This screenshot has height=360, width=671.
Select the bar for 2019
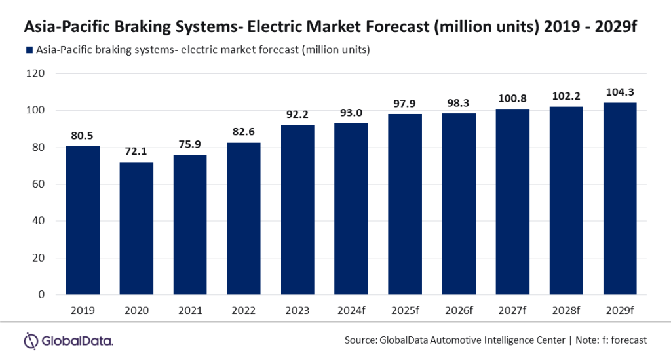(83, 220)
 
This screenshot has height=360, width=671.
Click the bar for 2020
(136, 228)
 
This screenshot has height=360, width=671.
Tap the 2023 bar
(298, 210)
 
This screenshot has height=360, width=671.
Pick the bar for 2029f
(620, 199)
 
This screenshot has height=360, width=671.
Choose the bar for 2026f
(459, 204)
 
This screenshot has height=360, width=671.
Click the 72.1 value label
(136, 151)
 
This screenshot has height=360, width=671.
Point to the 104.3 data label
(620, 92)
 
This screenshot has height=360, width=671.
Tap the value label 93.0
(351, 113)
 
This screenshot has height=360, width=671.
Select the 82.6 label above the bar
(244, 131)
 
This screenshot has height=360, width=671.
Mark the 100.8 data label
(512, 98)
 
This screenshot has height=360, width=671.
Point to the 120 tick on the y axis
(35, 73)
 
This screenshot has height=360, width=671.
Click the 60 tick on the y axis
(39, 184)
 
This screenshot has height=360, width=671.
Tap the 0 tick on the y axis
(41, 294)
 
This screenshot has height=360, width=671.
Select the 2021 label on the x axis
(190, 310)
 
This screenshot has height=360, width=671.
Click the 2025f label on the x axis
(405, 310)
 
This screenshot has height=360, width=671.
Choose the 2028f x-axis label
(566, 310)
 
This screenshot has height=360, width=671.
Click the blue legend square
(29, 50)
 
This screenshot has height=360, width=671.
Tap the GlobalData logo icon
(31, 341)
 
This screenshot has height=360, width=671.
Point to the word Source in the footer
(361, 340)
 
